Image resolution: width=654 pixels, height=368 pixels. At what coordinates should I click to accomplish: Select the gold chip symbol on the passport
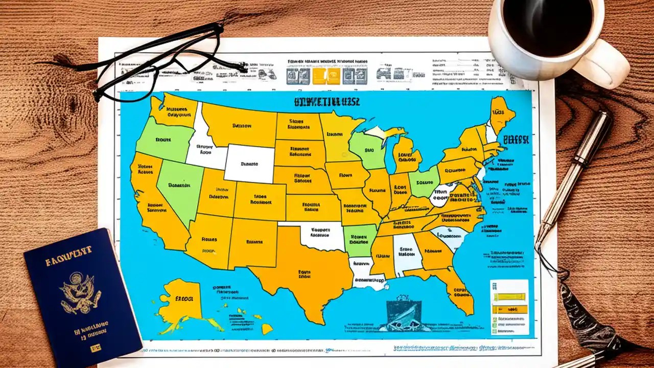(95, 349)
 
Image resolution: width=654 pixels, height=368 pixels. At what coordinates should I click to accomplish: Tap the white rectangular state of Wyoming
(249, 163)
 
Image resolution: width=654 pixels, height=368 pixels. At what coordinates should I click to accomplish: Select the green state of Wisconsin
(367, 151)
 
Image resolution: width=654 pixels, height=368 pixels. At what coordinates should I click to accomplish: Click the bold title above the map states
(327, 101)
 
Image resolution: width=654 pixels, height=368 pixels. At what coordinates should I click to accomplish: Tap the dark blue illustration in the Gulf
(404, 312)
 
